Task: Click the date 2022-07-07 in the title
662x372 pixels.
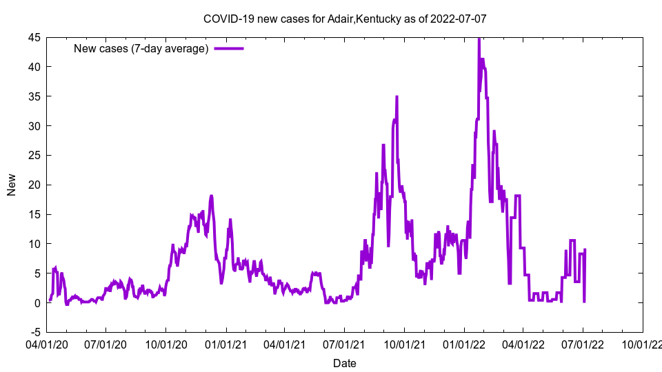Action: [x=459, y=19]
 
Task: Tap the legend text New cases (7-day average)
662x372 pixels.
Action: [x=141, y=48]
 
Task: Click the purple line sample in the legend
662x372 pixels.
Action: [x=229, y=48]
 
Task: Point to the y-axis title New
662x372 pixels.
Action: [x=12, y=185]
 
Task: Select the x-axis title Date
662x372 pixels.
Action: [x=345, y=363]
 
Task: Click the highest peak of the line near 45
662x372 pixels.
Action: [x=479, y=39]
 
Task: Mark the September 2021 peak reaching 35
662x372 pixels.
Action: [x=397, y=97]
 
